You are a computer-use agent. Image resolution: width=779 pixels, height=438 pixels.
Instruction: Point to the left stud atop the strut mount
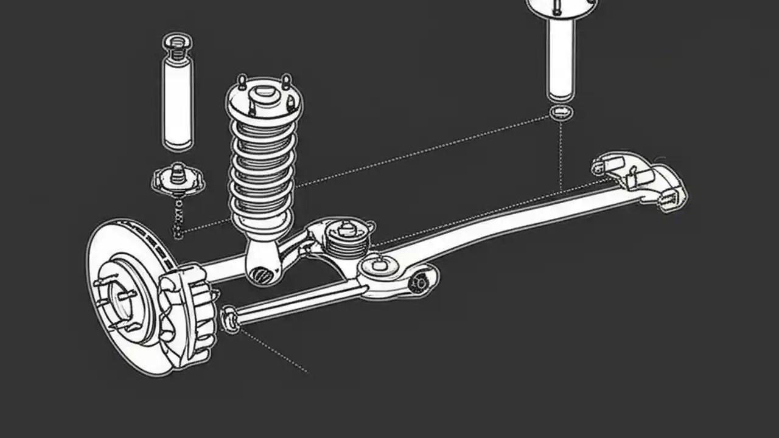coord(242,82)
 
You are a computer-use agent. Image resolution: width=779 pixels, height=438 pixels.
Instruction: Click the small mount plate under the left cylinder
coord(178,180)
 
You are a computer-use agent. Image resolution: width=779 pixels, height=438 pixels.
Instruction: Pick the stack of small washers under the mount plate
coord(178,216)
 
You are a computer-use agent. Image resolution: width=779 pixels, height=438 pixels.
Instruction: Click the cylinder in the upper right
coord(561,58)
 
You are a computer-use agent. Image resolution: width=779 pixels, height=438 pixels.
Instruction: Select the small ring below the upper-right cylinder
coord(561,112)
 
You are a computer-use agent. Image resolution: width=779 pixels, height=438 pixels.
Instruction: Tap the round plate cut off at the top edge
coord(561,6)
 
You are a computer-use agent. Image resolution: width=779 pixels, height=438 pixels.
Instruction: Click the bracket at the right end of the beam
coord(639,179)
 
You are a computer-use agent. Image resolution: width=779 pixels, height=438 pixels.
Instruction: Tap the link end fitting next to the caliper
coord(230,319)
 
